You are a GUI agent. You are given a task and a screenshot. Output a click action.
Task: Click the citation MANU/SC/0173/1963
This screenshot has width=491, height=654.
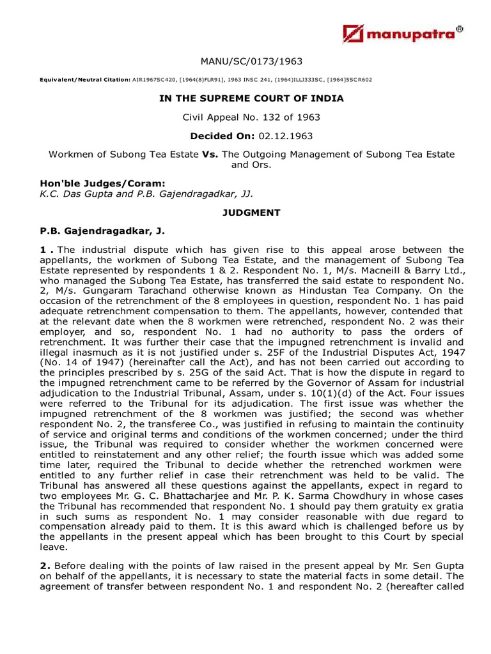coord(251,61)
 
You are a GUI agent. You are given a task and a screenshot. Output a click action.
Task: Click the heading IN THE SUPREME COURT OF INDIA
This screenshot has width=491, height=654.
coord(251,98)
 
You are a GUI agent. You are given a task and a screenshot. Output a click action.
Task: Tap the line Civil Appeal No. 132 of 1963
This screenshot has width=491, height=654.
coord(251,118)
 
